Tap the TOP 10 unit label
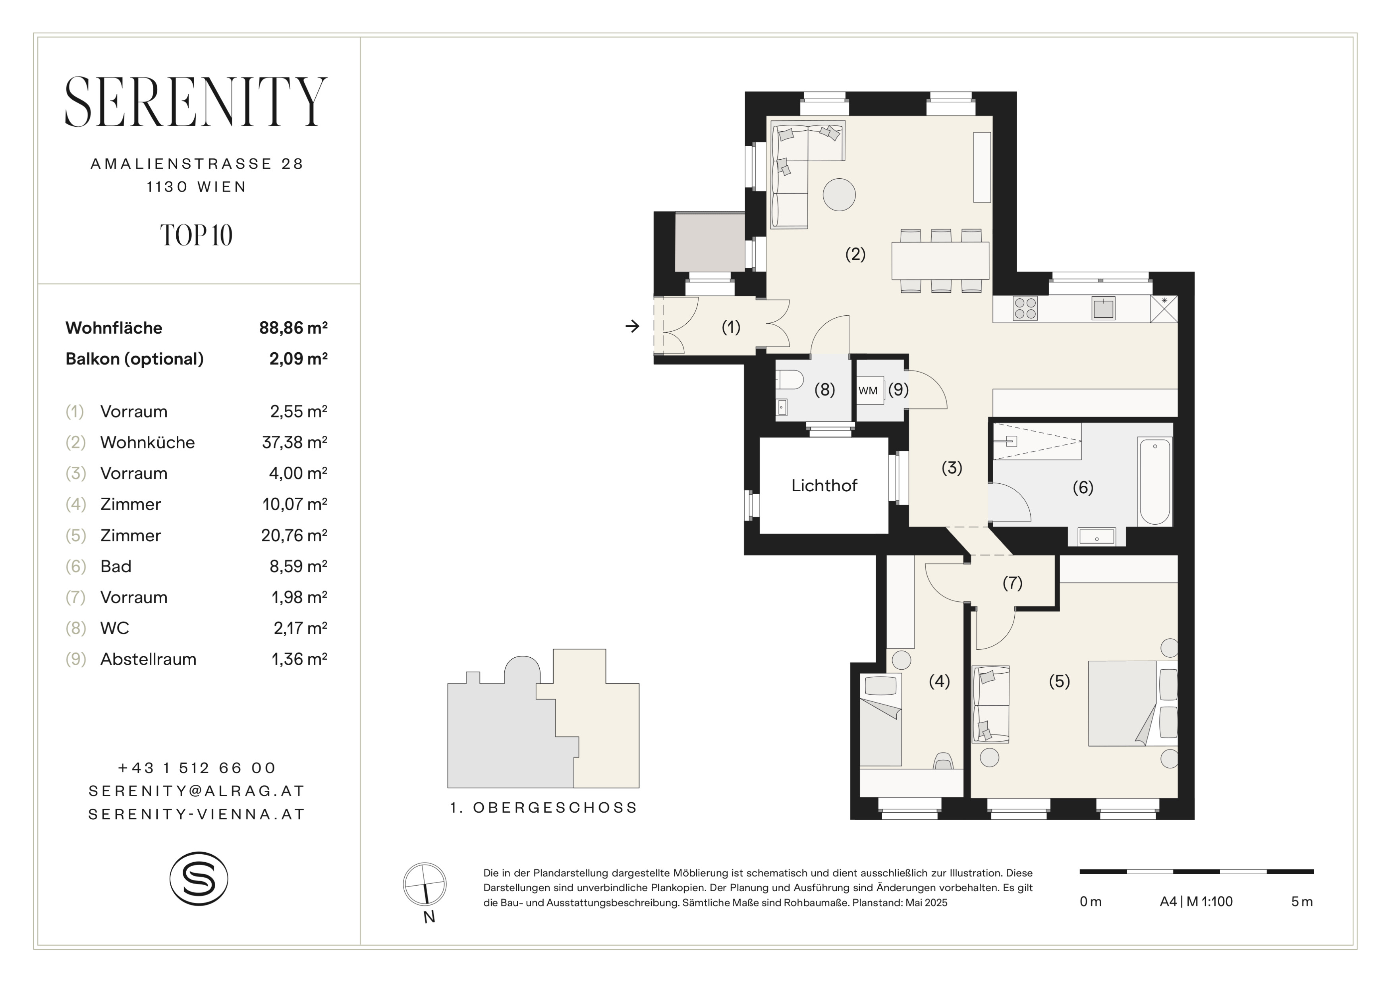(x=196, y=236)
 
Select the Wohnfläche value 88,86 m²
(x=293, y=328)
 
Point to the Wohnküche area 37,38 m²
(x=295, y=442)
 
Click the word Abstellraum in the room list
(x=148, y=659)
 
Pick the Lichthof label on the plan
(x=824, y=485)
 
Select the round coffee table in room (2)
(x=839, y=194)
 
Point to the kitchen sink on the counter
(x=1103, y=308)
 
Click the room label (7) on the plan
(x=1013, y=583)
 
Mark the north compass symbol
(x=425, y=885)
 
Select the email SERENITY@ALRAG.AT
(x=197, y=791)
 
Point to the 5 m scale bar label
(x=1301, y=902)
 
